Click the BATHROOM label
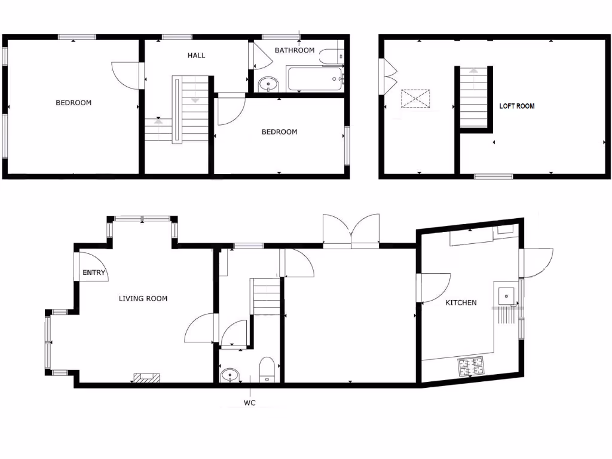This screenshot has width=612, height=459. click(x=294, y=50)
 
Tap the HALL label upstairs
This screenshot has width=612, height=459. click(x=196, y=56)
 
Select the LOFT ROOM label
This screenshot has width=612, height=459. click(x=517, y=106)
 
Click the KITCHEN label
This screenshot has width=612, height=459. click(x=461, y=302)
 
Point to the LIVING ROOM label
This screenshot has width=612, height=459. click(x=143, y=299)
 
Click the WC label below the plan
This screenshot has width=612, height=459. click(x=249, y=403)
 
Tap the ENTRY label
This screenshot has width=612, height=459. click(x=94, y=273)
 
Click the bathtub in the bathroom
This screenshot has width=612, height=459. click(x=314, y=78)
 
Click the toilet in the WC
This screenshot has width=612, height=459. click(x=267, y=368)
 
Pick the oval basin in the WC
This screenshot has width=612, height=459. click(x=229, y=375)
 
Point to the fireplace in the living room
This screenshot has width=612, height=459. click(x=146, y=377)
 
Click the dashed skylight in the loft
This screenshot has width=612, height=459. click(x=416, y=99)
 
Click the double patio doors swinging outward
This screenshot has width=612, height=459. click(x=351, y=231)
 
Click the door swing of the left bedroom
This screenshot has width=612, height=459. click(x=127, y=75)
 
